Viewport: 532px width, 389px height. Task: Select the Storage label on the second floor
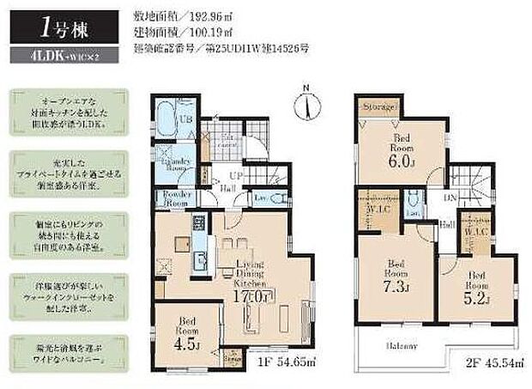pyautogui.click(x=378, y=107)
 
